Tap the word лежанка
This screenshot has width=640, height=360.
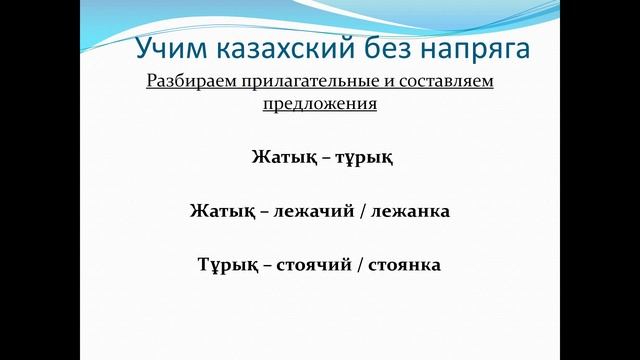click(x=408, y=212)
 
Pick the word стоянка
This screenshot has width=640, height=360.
click(x=406, y=267)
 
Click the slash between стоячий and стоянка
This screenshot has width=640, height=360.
click(x=360, y=267)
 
